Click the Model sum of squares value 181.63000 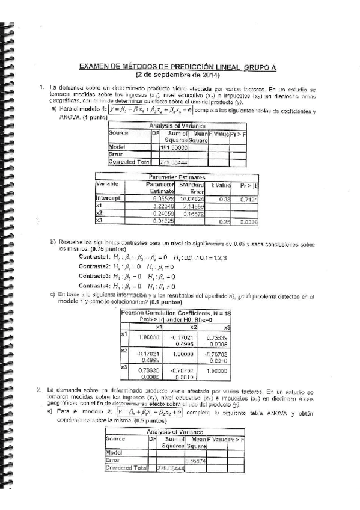pyautogui.click(x=174, y=146)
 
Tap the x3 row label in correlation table pyautogui.click(x=124, y=366)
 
